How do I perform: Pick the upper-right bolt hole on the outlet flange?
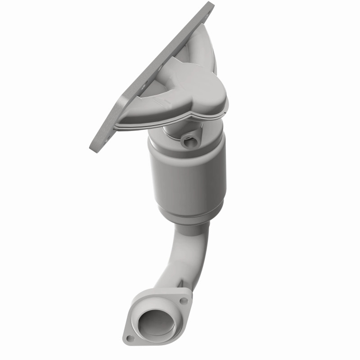click(x=183, y=301)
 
